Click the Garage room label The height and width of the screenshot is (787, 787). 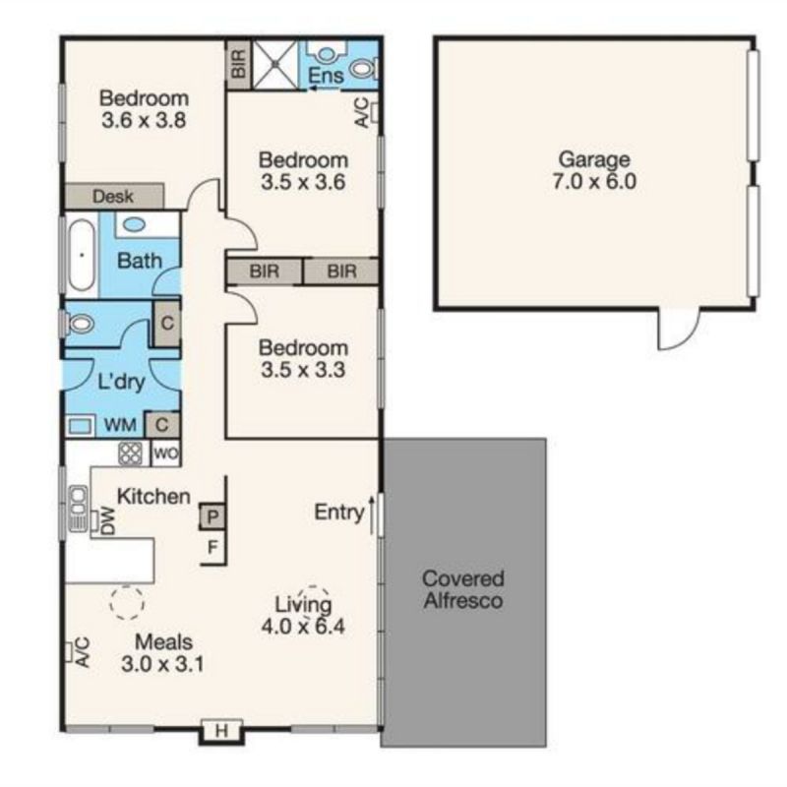coord(594,159)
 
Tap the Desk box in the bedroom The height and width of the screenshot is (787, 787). coord(115,196)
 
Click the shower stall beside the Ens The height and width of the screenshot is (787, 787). coord(275,65)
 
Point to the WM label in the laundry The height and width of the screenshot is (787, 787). coord(120,425)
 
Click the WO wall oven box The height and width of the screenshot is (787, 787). coord(165,454)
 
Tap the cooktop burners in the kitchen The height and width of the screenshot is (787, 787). coord(131,454)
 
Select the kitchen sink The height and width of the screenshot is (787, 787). coord(78,508)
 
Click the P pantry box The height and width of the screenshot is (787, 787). coord(212,516)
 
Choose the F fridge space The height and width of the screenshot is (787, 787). coord(212,547)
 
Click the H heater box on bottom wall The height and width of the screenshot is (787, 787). coord(222,731)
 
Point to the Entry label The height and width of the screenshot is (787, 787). coord(339,513)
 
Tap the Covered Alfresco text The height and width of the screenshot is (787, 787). coord(463,589)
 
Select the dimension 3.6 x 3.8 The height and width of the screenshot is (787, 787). coord(144,120)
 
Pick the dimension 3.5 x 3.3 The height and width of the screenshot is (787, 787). coord(303,370)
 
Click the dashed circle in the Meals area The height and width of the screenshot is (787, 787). coord(127,602)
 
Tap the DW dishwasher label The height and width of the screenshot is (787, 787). coord(108,521)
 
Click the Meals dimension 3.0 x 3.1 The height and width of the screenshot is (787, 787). coord(162,664)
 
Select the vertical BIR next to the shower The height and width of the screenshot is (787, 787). coord(239,64)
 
